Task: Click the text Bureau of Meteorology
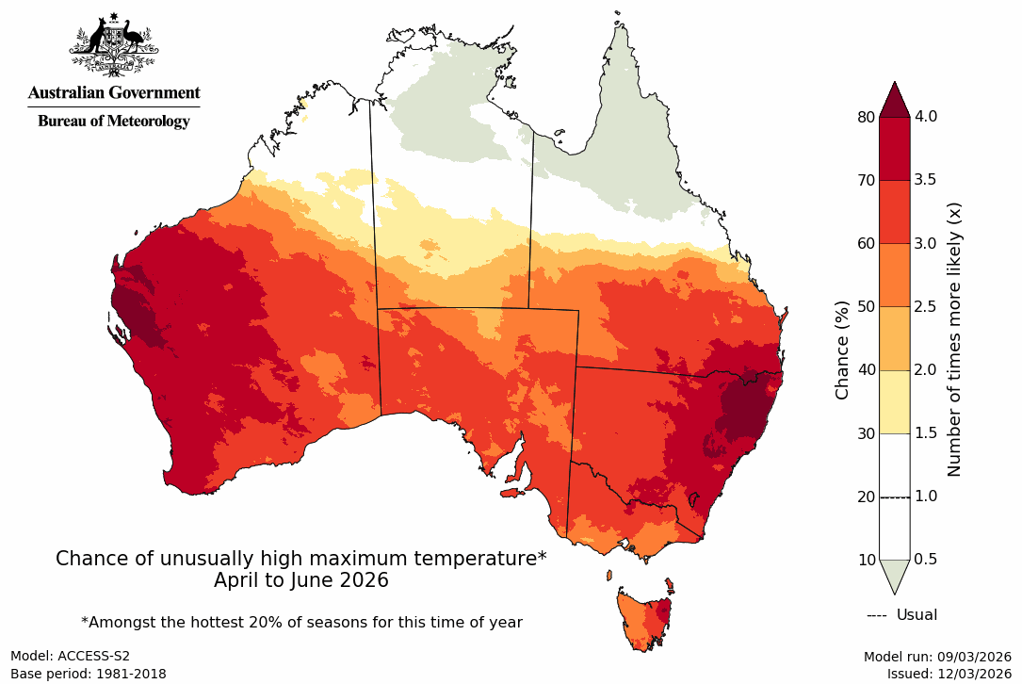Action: click(x=113, y=121)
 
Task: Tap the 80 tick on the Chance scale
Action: click(x=866, y=117)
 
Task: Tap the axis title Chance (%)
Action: click(x=843, y=349)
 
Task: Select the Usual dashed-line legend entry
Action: click(x=901, y=615)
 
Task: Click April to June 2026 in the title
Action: click(x=300, y=580)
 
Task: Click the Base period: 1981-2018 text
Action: click(x=88, y=674)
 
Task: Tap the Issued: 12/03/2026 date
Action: click(x=949, y=674)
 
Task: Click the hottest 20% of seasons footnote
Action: click(x=301, y=622)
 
